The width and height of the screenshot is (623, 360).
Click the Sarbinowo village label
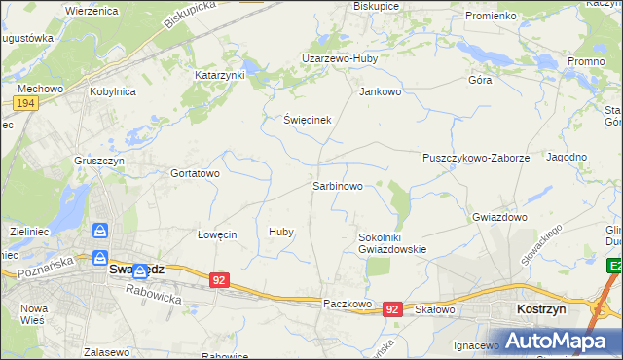[x=337, y=185]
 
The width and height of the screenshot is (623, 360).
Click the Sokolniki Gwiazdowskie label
[x=392, y=242]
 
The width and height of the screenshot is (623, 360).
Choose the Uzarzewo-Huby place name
[x=340, y=57]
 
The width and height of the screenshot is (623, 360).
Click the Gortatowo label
[x=196, y=172]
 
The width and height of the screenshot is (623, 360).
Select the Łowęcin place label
[x=217, y=234]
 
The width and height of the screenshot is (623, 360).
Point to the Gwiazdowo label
[x=499, y=217]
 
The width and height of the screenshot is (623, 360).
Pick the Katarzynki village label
[x=220, y=74]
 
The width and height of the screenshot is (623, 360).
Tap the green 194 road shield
[x=25, y=102]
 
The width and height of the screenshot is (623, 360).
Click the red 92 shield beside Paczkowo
[x=392, y=308]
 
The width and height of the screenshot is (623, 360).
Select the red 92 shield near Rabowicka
[x=220, y=280]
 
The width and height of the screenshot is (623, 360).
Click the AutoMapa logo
[x=553, y=341]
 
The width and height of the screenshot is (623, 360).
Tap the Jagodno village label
[x=567, y=157]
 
